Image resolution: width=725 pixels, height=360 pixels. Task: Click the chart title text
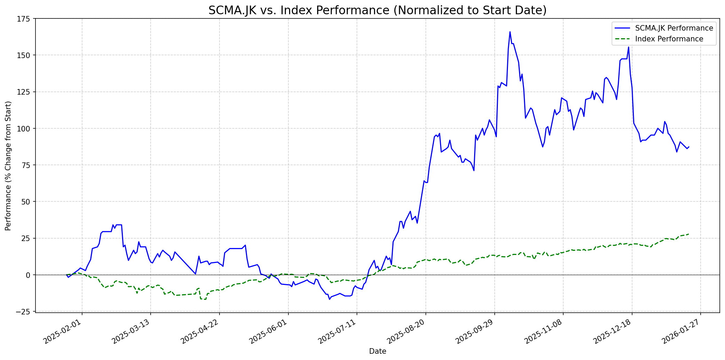click(x=377, y=10)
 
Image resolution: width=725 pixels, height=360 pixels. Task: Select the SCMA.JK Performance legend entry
click(x=674, y=28)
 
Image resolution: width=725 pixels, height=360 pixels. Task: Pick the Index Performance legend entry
click(x=669, y=39)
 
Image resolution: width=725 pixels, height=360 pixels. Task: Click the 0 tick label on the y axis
click(x=29, y=275)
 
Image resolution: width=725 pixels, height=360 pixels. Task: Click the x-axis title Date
click(x=377, y=352)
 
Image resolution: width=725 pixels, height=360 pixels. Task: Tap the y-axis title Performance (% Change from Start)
click(x=8, y=166)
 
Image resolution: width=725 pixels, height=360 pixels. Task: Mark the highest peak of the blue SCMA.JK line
click(x=510, y=32)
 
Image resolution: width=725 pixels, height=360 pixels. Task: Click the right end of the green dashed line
click(x=689, y=234)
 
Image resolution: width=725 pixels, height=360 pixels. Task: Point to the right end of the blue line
click(x=689, y=147)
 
